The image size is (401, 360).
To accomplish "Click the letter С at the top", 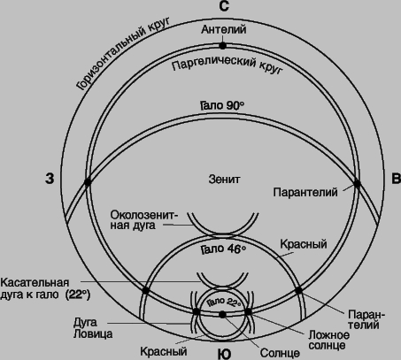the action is [x=224, y=6].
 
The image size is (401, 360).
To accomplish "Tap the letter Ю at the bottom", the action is [x=224, y=354].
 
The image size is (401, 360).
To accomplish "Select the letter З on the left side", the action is [x=50, y=179].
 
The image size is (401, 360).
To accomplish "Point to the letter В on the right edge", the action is [x=396, y=179].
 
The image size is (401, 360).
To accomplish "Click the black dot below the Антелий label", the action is [x=223, y=46].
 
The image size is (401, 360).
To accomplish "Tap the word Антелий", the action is [x=224, y=29].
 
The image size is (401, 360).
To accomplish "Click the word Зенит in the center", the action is [x=224, y=179].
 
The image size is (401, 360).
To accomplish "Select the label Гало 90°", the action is [x=222, y=105].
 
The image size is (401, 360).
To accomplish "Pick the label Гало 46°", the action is [x=224, y=249].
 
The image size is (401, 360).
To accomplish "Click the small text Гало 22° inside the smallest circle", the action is [x=224, y=302].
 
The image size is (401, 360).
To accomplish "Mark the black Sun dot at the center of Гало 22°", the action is [x=222, y=315].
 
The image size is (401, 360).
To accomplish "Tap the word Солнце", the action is [x=280, y=353].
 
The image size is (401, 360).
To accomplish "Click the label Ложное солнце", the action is [x=329, y=340].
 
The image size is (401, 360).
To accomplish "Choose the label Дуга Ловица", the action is [x=93, y=328].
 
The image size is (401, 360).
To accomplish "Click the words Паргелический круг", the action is [x=227, y=65].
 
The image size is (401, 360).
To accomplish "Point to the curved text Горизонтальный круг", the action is [x=122, y=53].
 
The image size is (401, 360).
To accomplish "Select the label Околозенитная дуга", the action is [x=144, y=220].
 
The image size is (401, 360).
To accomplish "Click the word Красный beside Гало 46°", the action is [x=304, y=244].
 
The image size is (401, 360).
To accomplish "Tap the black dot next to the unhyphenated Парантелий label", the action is [x=357, y=184].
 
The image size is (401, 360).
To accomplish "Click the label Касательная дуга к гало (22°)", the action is [x=45, y=288].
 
